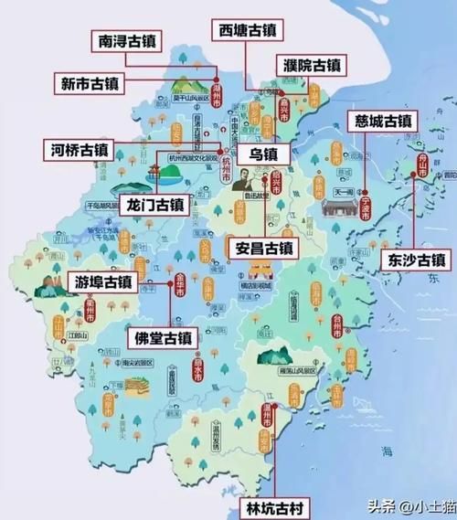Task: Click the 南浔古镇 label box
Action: pos(133,42)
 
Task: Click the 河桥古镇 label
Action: pos(85,149)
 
